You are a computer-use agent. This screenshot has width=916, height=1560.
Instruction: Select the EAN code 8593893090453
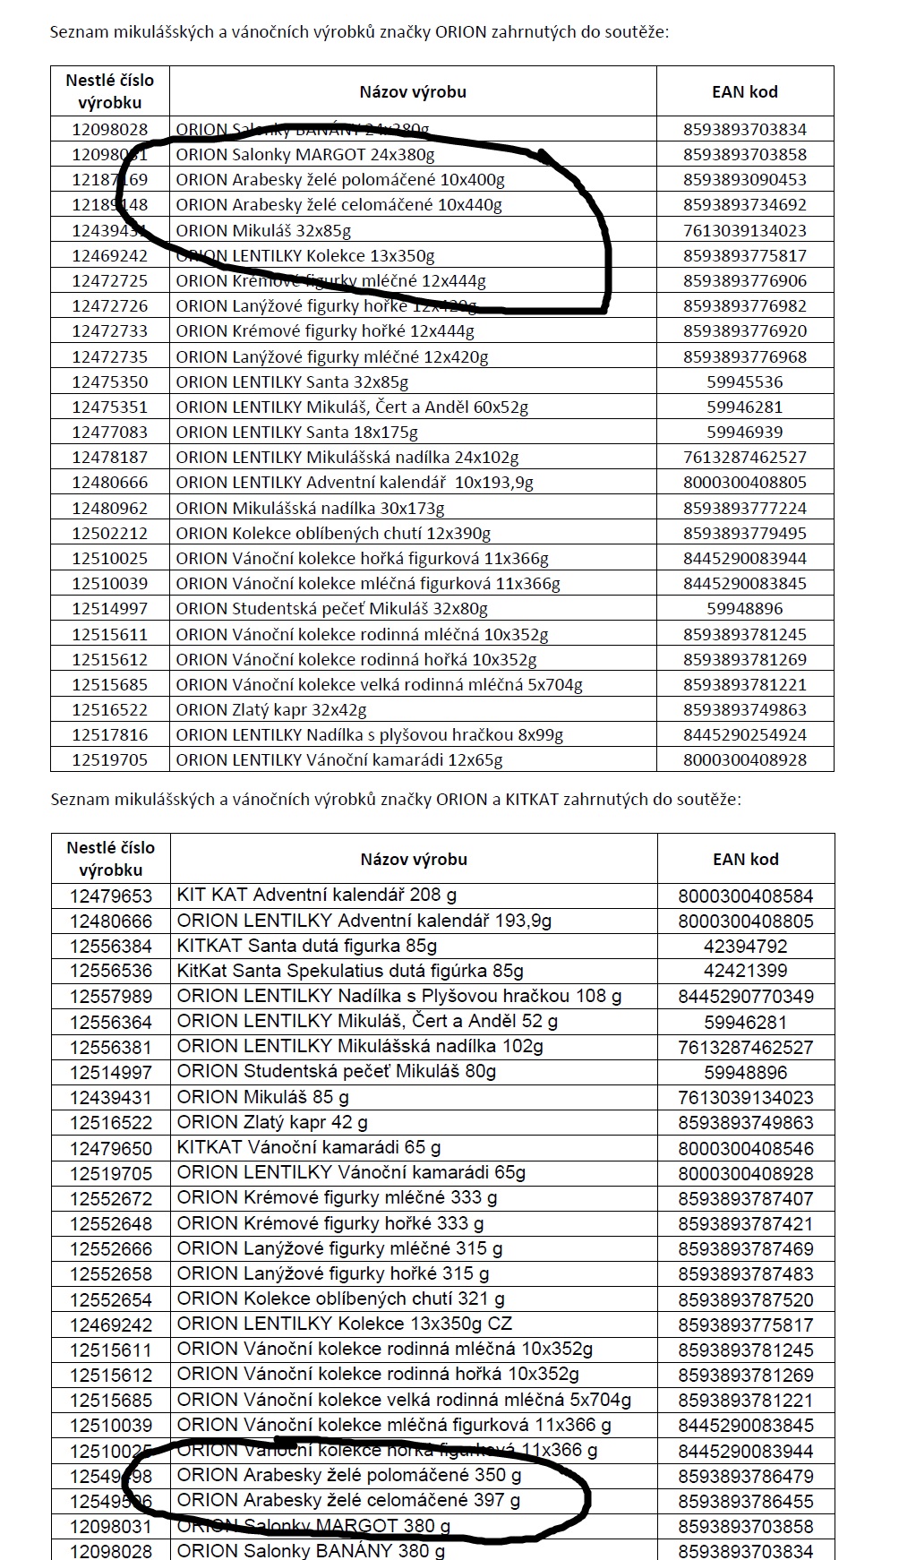pyautogui.click(x=744, y=180)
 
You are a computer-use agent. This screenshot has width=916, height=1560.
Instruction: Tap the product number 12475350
pyautogui.click(x=110, y=381)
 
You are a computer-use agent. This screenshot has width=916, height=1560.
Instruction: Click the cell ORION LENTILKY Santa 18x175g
pyautogui.click(x=297, y=432)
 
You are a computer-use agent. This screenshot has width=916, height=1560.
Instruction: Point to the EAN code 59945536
pyautogui.click(x=744, y=381)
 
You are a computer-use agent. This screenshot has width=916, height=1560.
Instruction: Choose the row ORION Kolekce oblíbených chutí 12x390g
pyautogui.click(x=333, y=533)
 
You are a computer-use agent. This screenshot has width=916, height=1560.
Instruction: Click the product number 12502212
pyautogui.click(x=110, y=533)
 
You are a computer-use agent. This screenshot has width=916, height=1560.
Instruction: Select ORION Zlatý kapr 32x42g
pyautogui.click(x=271, y=709)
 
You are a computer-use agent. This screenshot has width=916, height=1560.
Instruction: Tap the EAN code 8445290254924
pyautogui.click(x=744, y=734)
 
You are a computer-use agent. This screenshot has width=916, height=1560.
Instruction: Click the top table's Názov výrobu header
pyautogui.click(x=413, y=91)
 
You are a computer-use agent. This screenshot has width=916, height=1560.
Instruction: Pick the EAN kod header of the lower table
pyautogui.click(x=745, y=859)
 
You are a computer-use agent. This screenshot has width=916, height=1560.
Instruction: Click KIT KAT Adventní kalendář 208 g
pyautogui.click(x=317, y=895)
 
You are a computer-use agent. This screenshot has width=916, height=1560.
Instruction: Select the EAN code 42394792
pyautogui.click(x=745, y=946)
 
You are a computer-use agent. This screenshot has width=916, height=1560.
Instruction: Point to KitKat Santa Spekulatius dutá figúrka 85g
pyautogui.click(x=350, y=971)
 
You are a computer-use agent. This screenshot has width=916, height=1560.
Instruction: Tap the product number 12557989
pyautogui.click(x=111, y=996)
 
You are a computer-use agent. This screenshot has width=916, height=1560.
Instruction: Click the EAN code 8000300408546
pyautogui.click(x=745, y=1147)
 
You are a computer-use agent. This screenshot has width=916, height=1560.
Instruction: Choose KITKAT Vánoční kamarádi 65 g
pyautogui.click(x=309, y=1147)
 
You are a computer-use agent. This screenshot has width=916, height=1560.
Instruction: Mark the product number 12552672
pyautogui.click(x=111, y=1198)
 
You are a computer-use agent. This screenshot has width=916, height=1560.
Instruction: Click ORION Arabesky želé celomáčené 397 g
pyautogui.click(x=348, y=1500)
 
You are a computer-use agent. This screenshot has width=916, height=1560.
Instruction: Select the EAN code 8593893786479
pyautogui.click(x=745, y=1475)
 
